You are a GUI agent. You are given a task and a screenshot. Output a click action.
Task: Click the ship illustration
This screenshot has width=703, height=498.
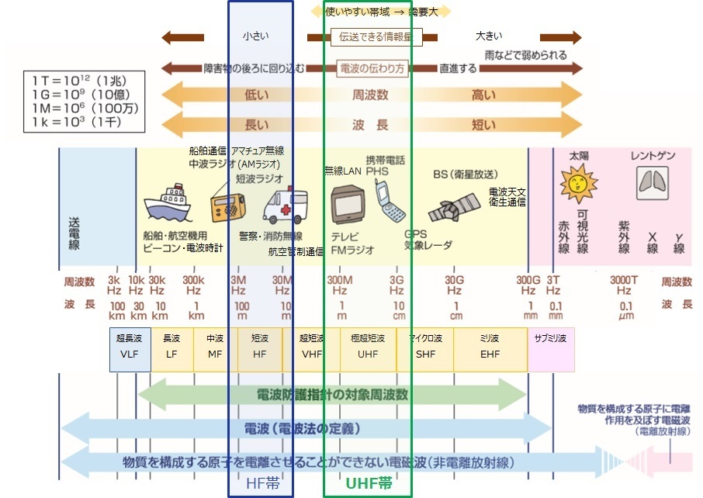(x=168, y=204)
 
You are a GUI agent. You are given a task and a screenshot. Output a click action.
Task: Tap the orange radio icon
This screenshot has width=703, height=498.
(x=227, y=206)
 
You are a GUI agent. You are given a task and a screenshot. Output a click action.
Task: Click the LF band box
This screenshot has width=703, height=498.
(x=171, y=348)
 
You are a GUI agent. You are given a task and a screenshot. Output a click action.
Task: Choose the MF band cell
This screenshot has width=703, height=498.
(x=214, y=348)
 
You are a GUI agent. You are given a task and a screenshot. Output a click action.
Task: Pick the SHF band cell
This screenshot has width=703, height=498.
(x=425, y=348)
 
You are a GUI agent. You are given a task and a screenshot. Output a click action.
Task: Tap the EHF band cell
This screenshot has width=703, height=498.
(x=490, y=348)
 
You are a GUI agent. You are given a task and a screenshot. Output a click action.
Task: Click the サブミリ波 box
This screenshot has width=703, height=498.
(x=551, y=348)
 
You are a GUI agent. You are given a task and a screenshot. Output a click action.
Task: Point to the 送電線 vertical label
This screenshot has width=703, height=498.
(x=74, y=229)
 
